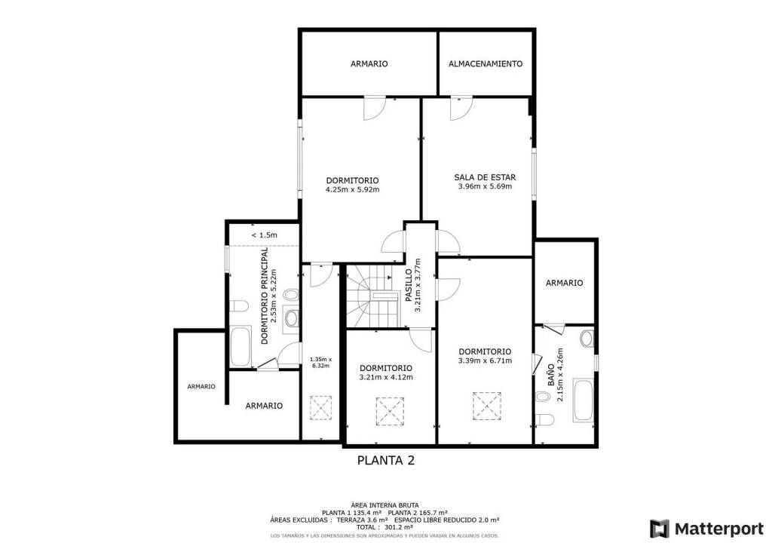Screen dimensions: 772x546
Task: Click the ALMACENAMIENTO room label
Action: (x=485, y=63)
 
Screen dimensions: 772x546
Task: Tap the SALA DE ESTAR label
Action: (x=485, y=177)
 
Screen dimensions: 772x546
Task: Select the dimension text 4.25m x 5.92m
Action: (x=353, y=189)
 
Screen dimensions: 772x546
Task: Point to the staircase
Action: (x=372, y=296)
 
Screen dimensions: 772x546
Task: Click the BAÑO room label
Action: (x=551, y=375)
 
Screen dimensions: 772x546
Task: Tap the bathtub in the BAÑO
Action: (x=584, y=400)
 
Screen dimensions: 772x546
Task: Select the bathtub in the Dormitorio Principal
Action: (x=240, y=346)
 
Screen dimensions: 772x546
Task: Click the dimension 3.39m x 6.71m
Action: (x=485, y=360)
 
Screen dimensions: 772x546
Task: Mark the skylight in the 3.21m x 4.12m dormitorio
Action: (x=390, y=411)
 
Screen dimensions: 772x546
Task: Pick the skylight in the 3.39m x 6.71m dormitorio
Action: (x=487, y=406)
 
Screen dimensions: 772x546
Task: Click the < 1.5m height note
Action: (x=265, y=235)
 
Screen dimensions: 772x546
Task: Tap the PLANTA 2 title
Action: (x=385, y=460)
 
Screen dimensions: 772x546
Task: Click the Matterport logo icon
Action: (x=660, y=529)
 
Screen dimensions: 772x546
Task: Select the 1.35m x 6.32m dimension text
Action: (x=320, y=362)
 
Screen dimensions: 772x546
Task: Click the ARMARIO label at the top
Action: (x=369, y=63)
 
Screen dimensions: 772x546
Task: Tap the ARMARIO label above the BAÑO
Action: (x=564, y=283)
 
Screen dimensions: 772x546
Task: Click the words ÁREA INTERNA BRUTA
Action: (x=384, y=505)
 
